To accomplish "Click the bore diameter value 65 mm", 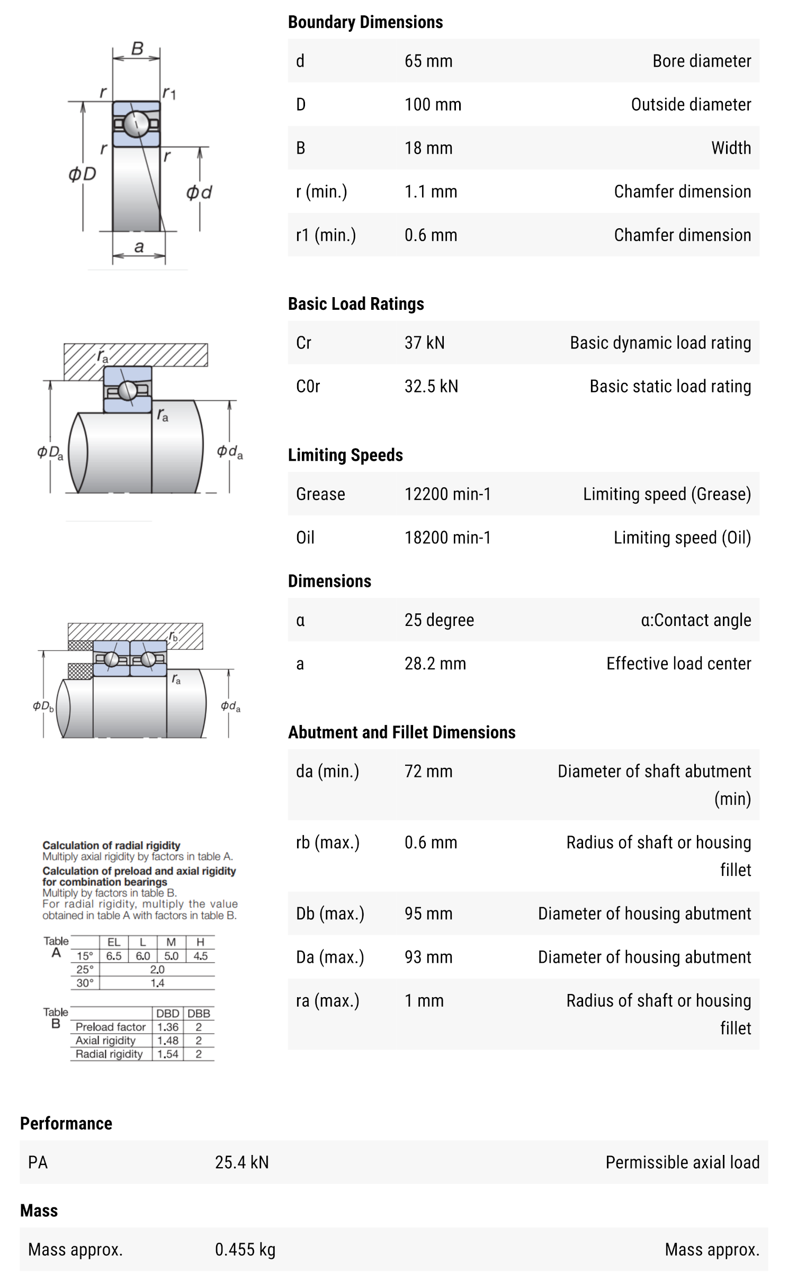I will (428, 61).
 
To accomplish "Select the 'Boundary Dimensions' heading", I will (365, 22).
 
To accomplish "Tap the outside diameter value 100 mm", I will (432, 104).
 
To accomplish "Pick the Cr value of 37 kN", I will (424, 343).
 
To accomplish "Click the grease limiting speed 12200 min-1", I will (447, 494).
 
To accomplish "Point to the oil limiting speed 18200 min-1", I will (447, 538).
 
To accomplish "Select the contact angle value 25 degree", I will (438, 620).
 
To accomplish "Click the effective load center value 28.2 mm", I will (435, 664).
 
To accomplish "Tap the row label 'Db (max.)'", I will (330, 913).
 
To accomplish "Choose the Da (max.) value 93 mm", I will (428, 957).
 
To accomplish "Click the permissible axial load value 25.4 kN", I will (241, 1162).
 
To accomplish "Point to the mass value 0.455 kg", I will (245, 1250).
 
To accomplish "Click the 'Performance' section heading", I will (66, 1124).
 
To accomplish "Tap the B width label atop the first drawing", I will (137, 49).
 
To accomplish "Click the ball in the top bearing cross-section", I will (136, 124).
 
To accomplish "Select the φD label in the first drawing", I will (82, 174).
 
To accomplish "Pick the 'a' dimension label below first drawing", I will (139, 247).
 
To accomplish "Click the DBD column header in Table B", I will (167, 1014).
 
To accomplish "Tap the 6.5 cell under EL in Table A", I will (114, 956).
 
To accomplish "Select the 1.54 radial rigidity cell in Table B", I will (167, 1054).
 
